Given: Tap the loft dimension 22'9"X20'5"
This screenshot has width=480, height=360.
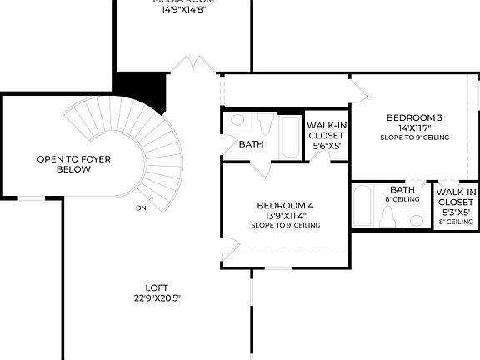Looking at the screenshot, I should (x=157, y=297).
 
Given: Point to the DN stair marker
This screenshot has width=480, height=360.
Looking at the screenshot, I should (x=141, y=208).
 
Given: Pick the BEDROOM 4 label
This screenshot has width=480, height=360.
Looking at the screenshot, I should (x=285, y=205).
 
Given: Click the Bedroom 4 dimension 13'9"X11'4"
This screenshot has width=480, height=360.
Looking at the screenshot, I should (x=285, y=216).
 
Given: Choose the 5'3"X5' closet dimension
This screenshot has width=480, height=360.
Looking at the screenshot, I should (x=456, y=212).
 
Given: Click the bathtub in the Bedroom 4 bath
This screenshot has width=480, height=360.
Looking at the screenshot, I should (x=291, y=135).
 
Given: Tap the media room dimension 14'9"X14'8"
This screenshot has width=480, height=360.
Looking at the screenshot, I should (x=184, y=11).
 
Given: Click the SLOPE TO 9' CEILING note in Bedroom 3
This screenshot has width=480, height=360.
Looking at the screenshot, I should (x=414, y=137).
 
